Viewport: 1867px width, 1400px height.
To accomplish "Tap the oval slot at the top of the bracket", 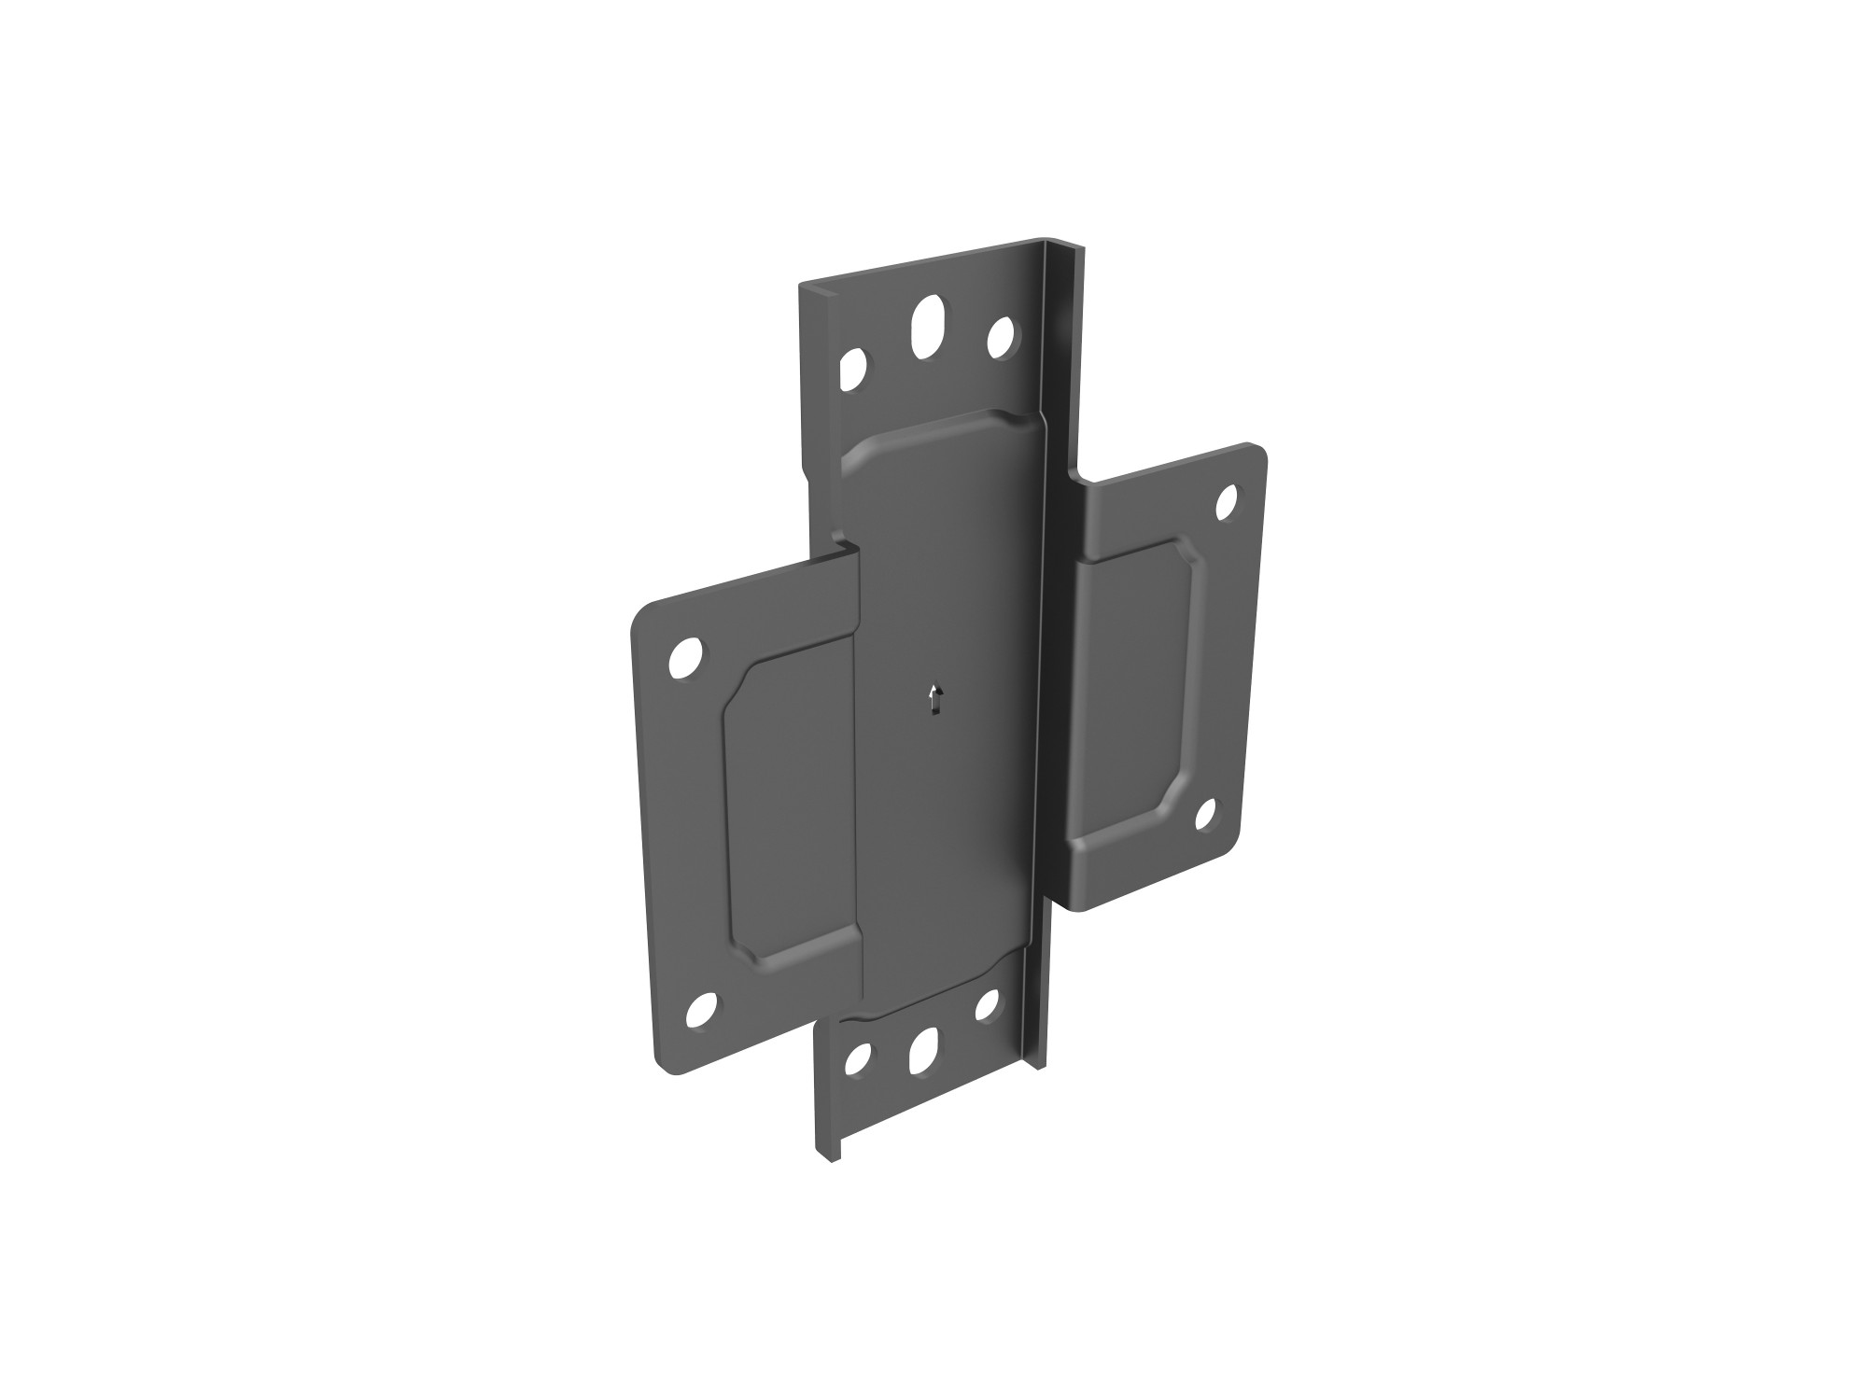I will pyautogui.click(x=926, y=326).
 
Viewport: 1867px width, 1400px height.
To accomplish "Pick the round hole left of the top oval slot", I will pyautogui.click(x=852, y=370).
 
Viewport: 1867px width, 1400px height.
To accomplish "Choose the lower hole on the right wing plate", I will pyautogui.click(x=1206, y=816).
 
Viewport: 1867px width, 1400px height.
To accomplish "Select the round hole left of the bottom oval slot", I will pyautogui.click(x=856, y=1059).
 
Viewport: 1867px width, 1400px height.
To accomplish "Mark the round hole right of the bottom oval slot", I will pyautogui.click(x=986, y=1007).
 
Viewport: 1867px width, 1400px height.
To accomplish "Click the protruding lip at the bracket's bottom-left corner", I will pyautogui.click(x=828, y=1154).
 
